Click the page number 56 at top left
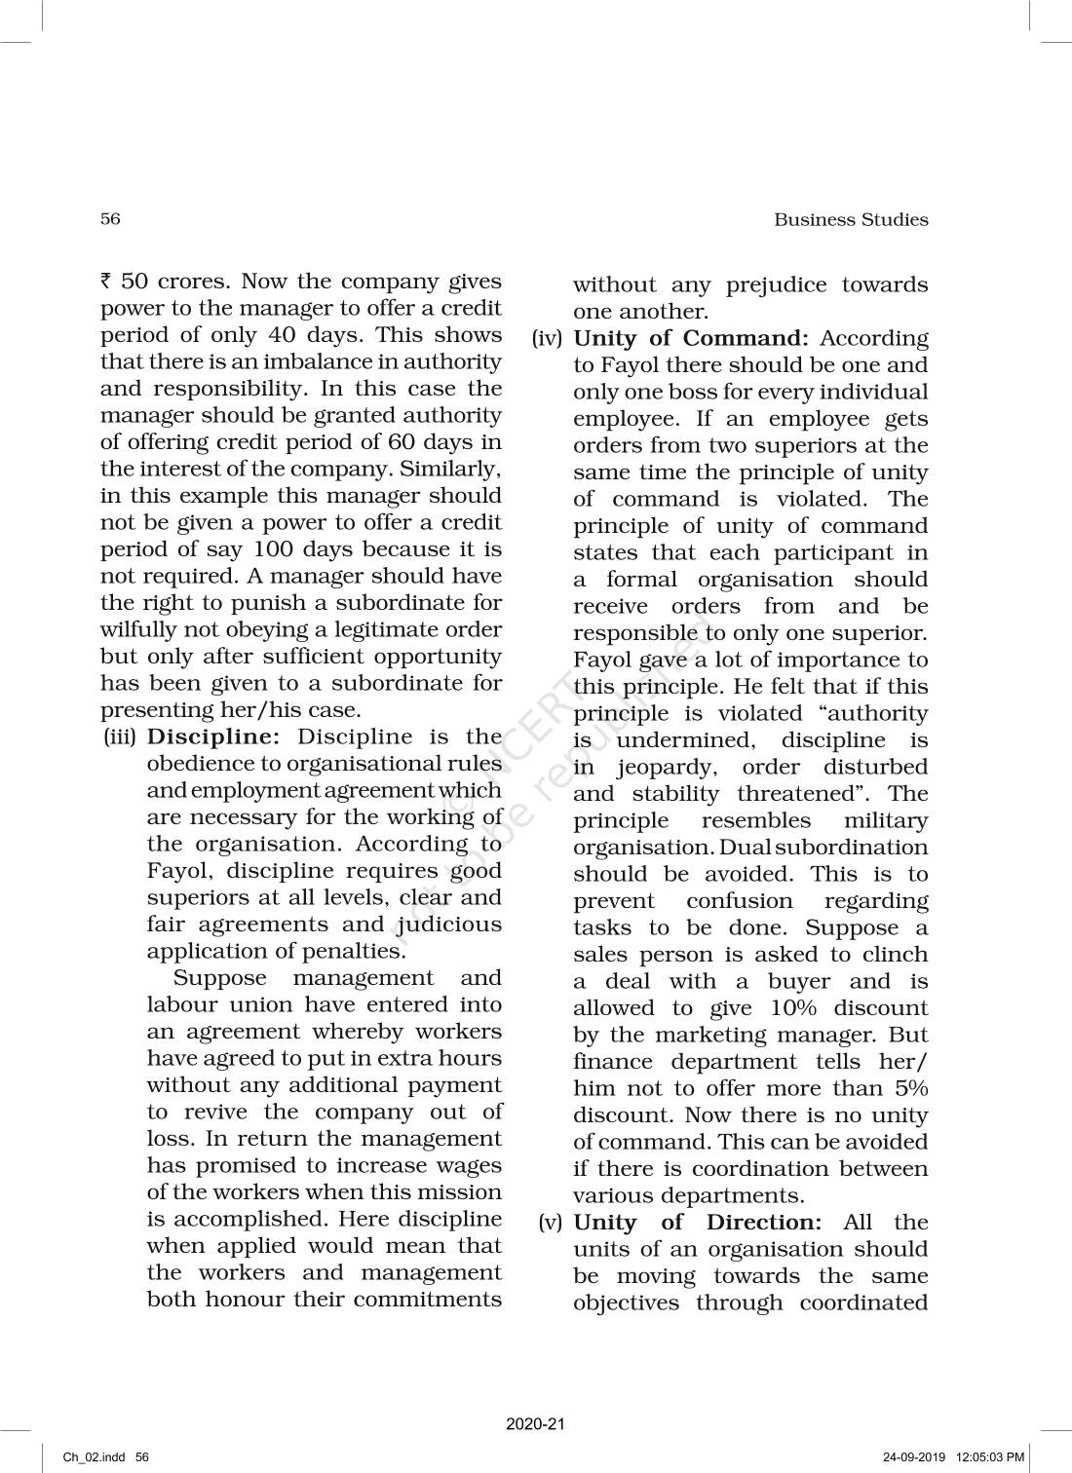(110, 218)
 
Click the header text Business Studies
(851, 219)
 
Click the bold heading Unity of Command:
(691, 338)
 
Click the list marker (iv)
(548, 338)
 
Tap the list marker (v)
(552, 1222)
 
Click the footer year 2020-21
(535, 1424)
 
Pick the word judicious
(449, 924)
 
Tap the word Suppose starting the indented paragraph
(219, 977)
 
